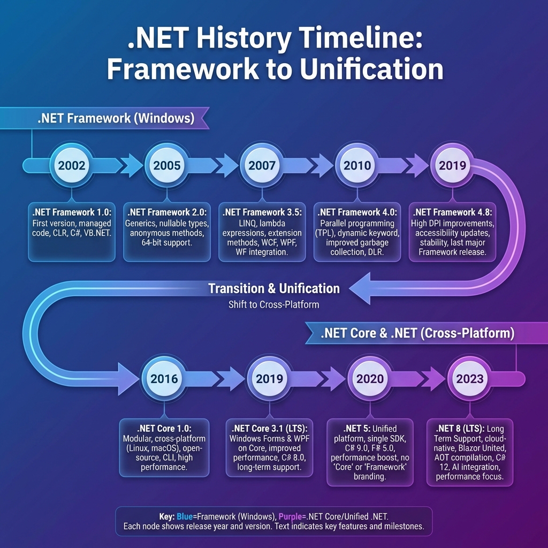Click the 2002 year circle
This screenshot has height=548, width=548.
point(72,165)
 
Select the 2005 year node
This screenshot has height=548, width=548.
point(167,165)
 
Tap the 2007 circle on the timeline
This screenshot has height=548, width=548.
point(262,165)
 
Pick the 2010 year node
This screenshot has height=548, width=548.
point(357,165)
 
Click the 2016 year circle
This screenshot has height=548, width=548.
point(164,379)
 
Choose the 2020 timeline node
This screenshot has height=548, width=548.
point(370,379)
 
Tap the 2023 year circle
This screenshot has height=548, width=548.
point(470,379)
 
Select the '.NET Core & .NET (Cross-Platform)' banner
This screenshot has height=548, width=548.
point(417,333)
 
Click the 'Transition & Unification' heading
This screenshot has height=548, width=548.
point(274,289)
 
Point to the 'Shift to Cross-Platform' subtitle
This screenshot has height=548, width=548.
point(274,306)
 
